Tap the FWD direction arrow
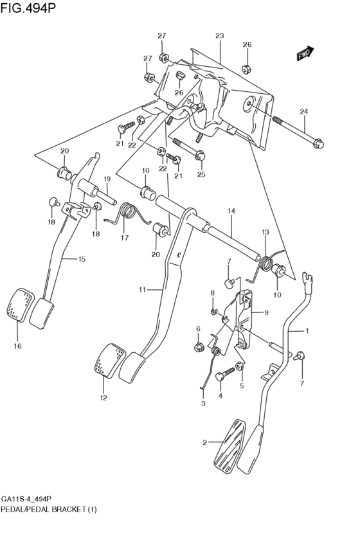[x=305, y=55]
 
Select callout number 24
[x=303, y=112]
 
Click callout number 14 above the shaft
[x=231, y=211]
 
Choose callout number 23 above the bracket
[x=219, y=36]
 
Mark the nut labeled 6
[x=199, y=348]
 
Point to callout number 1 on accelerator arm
[x=307, y=331]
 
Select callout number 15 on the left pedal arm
[x=82, y=259]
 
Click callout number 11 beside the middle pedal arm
[x=143, y=290]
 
